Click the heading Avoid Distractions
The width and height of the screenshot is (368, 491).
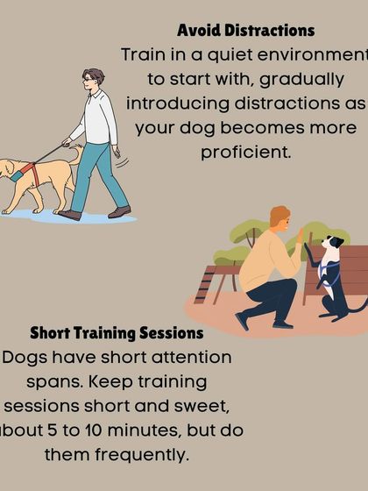click(x=245, y=31)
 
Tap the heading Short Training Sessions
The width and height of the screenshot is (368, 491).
click(x=117, y=333)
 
